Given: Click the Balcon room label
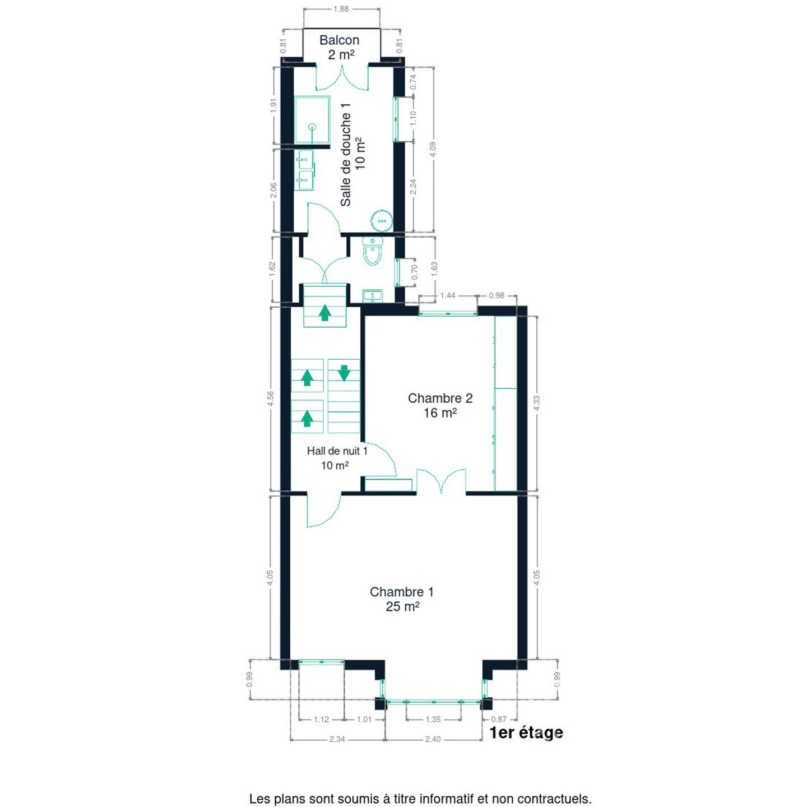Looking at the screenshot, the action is [339, 40].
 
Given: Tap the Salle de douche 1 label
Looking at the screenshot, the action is [346, 155].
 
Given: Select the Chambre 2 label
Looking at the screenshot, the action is [440, 398].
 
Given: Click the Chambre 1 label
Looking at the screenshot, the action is [401, 592].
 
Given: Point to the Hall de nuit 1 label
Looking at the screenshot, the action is [337, 451].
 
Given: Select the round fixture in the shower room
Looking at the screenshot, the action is [382, 220].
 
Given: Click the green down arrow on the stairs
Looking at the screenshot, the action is [344, 373].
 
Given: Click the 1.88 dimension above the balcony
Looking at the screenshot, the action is [341, 9].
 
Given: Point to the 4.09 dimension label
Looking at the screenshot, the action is [433, 150].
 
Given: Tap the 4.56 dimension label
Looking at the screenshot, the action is [271, 398].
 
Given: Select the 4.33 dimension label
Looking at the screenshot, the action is [537, 403].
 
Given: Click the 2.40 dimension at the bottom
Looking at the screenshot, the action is [433, 739].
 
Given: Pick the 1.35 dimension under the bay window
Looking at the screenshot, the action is [433, 720].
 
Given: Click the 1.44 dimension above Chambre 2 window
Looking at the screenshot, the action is [447, 296].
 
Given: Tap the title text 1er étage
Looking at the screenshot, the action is [526, 732].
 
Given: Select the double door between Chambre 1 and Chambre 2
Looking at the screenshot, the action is [441, 481].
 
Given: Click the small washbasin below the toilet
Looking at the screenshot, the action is [372, 296].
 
